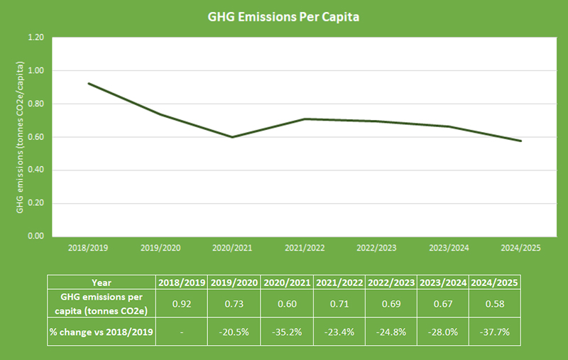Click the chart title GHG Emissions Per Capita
coord(284,16)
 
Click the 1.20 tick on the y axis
coord(35,38)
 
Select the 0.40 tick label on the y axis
coord(35,170)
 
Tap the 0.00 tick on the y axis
coord(35,236)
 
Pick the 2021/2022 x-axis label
coord(305,249)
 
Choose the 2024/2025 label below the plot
coord(521,249)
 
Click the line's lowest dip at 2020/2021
coord(232,137)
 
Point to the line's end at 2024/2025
coord(521,141)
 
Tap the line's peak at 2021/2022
coord(305,119)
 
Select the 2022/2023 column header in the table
coord(391,282)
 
